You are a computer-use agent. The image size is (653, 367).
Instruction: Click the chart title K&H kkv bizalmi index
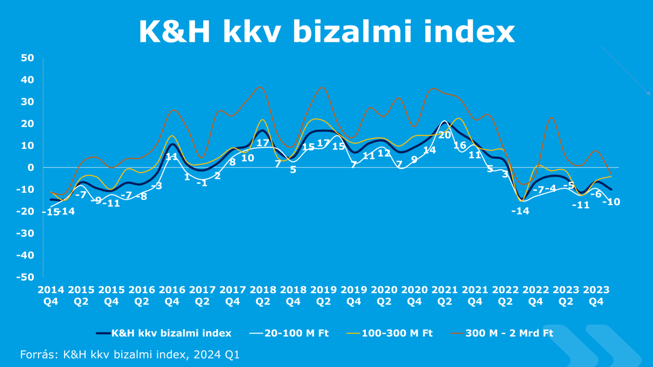click(326, 32)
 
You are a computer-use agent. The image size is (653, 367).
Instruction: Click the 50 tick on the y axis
click(27, 58)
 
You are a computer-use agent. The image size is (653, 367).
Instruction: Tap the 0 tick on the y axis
click(30, 167)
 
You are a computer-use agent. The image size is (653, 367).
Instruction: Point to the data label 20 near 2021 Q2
click(444, 135)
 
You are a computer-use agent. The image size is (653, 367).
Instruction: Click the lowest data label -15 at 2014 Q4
click(50, 212)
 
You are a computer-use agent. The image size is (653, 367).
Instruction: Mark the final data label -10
click(611, 202)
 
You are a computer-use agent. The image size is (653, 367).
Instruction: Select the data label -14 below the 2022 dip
click(520, 211)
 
